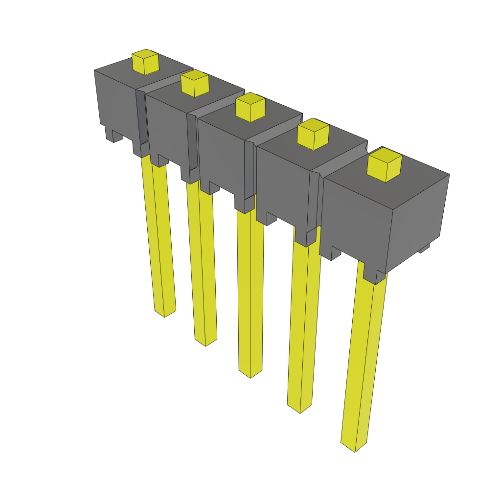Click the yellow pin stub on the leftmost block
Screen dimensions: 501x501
[x=146, y=62]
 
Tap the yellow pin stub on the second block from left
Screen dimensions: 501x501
[x=195, y=84]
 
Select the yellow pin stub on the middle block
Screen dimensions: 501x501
[x=250, y=107]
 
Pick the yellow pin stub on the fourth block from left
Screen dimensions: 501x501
[x=313, y=135]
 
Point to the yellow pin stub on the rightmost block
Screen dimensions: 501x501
[x=385, y=165]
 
